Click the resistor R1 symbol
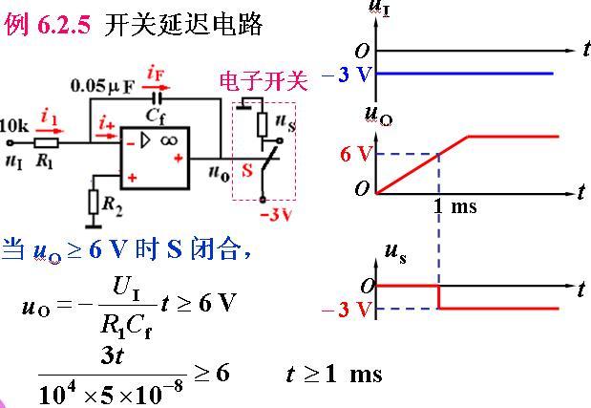[x=47, y=143]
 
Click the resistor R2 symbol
[x=93, y=202]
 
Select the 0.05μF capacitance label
[x=102, y=86]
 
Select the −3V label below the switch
[x=273, y=215]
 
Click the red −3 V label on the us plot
[x=348, y=309]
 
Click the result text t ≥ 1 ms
[x=333, y=373]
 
